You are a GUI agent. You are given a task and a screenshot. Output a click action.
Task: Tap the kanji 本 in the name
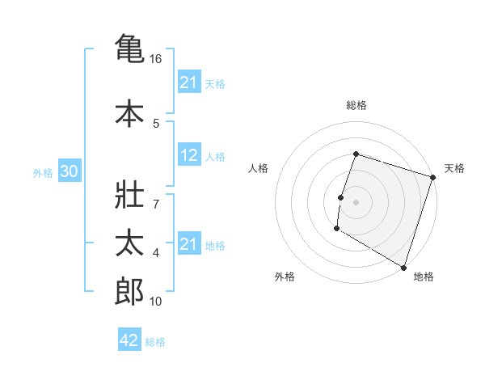pos(129,113)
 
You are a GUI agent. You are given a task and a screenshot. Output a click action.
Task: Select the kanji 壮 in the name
pos(129,201)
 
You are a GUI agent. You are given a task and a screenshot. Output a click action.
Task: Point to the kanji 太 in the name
pos(129,245)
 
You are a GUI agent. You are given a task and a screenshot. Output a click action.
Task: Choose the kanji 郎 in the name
pos(129,291)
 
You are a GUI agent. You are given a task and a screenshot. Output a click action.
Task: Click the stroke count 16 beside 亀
pos(156,59)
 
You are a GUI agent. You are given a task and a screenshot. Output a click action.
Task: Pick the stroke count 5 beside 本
pos(156,124)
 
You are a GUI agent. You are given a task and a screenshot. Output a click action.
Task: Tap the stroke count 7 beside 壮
pos(156,195)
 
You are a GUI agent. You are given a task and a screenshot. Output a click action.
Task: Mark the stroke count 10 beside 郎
pos(156,302)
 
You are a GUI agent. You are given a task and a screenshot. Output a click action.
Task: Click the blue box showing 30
pos(69,172)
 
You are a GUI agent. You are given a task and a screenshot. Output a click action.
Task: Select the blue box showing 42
pos(129,340)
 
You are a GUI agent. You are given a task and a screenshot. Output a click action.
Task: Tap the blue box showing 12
pos(189,156)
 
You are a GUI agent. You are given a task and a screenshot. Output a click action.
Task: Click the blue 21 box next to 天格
pos(189,82)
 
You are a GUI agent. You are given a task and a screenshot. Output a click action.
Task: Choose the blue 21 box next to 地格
pos(189,244)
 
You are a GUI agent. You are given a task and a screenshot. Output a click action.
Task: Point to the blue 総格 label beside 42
pos(155,342)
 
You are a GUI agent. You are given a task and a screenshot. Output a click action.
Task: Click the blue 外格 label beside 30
pos(43,173)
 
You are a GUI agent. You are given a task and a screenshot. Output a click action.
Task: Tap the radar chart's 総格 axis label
pos(356,105)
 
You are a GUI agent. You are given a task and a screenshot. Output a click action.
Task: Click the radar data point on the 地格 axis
pos(403,267)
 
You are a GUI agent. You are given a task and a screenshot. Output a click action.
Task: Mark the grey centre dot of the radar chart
pos(356,202)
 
